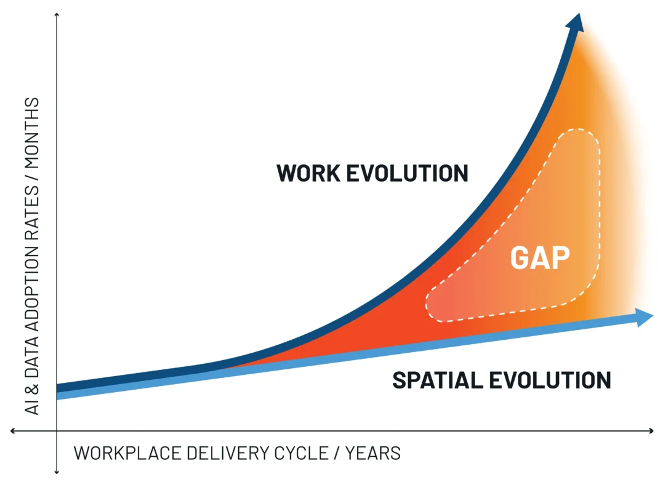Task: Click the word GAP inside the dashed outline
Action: pyautogui.click(x=539, y=258)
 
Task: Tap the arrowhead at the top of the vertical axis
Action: pyautogui.click(x=57, y=15)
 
